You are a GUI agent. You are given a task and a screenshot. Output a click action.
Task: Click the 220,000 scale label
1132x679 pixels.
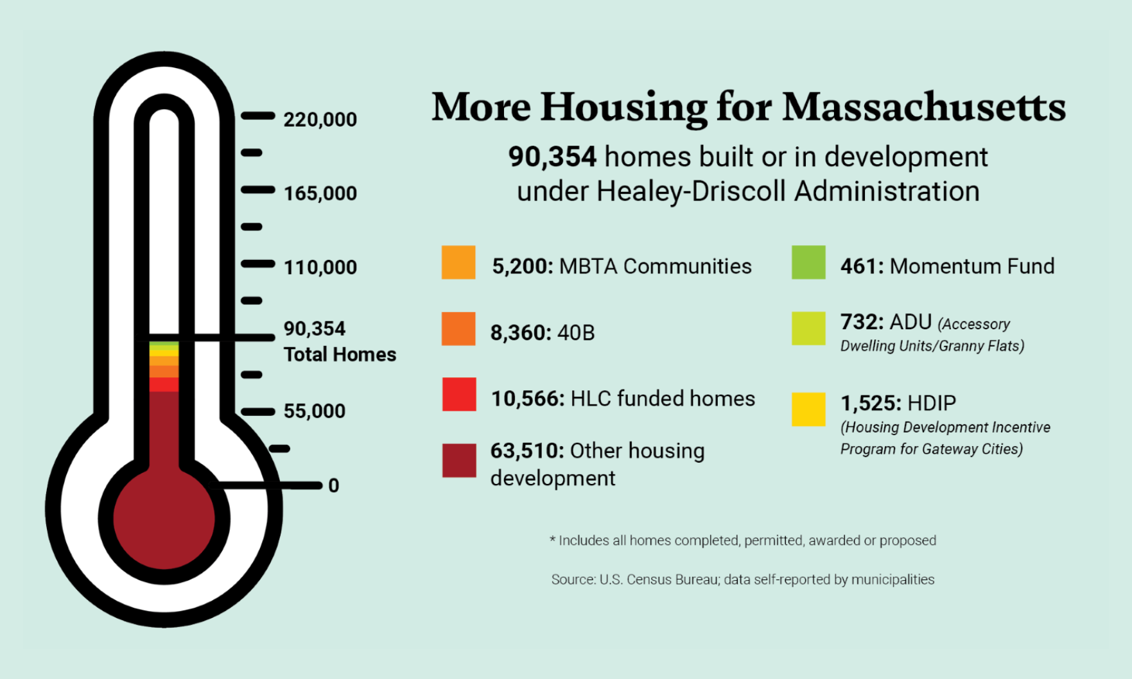(320, 119)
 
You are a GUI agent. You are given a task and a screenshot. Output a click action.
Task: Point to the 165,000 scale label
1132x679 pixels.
(320, 193)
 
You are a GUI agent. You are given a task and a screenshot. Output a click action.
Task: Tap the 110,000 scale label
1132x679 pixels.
(320, 267)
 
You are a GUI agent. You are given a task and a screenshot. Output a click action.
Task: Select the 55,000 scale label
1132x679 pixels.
(314, 411)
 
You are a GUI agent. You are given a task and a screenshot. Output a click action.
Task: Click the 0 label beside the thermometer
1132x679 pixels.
(333, 485)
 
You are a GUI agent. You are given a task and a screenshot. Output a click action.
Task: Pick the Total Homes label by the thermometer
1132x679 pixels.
(340, 354)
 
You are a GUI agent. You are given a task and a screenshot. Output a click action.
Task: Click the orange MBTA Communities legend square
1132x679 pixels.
(458, 262)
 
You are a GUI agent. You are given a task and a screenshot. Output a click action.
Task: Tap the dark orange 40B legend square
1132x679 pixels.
(458, 329)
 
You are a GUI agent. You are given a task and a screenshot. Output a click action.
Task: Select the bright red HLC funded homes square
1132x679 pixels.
(459, 394)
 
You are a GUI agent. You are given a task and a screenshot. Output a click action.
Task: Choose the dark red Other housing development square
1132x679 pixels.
(459, 460)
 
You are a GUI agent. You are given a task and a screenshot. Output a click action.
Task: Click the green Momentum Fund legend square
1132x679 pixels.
(808, 262)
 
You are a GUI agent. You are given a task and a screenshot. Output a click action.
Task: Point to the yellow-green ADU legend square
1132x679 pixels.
(808, 329)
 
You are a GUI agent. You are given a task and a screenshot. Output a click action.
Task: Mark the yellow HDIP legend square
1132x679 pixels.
(808, 409)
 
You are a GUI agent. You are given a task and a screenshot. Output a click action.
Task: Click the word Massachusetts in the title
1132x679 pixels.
(924, 107)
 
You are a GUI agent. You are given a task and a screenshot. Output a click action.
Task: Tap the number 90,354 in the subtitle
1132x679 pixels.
(552, 157)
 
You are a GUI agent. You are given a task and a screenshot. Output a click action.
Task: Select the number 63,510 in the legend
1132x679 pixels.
(527, 451)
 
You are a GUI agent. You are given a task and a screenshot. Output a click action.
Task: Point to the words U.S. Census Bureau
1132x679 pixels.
(659, 580)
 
